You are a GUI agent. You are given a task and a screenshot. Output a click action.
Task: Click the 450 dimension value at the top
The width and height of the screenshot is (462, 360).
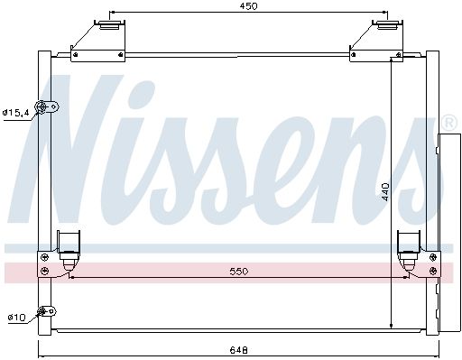click(x=248, y=6)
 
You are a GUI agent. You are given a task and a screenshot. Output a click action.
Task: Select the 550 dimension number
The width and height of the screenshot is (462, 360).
click(x=239, y=272)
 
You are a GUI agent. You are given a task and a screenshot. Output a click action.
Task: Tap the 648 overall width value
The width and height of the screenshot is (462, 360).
click(x=239, y=350)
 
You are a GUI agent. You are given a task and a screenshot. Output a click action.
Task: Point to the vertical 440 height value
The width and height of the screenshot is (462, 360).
click(x=385, y=191)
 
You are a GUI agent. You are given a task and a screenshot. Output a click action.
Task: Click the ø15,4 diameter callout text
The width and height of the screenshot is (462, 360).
click(x=16, y=113)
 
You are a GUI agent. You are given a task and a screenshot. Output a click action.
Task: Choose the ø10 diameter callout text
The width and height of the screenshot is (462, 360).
click(x=17, y=317)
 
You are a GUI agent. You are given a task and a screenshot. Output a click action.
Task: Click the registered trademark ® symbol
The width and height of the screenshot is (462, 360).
click(x=450, y=123)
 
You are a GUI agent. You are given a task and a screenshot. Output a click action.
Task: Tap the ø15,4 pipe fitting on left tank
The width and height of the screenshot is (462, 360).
click(x=46, y=107)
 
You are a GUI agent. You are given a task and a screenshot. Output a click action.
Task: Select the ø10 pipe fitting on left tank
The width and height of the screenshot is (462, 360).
click(x=46, y=311)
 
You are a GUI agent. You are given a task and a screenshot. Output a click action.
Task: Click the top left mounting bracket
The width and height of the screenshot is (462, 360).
click(x=98, y=42)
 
